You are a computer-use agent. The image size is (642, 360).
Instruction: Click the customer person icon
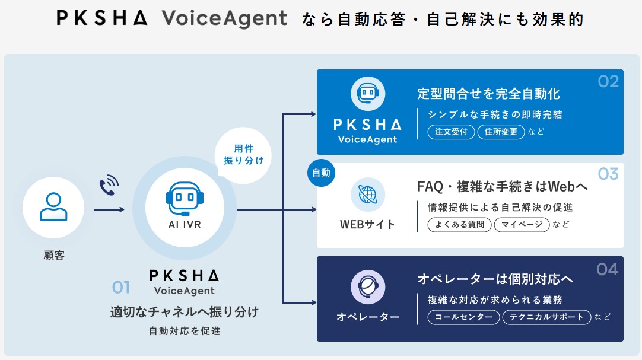[53, 207]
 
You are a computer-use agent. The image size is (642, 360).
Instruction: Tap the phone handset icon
[109, 184]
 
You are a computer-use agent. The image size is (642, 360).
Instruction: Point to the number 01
[121, 288]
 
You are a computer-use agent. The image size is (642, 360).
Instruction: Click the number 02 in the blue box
[608, 81]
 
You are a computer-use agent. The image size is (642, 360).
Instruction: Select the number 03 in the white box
[608, 174]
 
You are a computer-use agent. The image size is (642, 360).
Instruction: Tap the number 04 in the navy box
[607, 269]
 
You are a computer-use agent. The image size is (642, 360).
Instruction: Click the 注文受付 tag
[452, 132]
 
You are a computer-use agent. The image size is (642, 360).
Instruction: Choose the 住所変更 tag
[501, 132]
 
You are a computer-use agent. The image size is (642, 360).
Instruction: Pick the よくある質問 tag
[459, 224]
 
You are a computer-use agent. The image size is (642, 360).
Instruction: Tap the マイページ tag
[522, 224]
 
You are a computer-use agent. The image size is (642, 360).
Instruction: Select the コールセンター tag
[463, 317]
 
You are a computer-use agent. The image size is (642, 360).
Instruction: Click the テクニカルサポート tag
[547, 317]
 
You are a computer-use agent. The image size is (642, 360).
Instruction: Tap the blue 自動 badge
[321, 173]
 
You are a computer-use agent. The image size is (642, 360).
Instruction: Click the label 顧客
[53, 256]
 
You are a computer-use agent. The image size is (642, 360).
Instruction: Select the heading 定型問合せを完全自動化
[488, 94]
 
